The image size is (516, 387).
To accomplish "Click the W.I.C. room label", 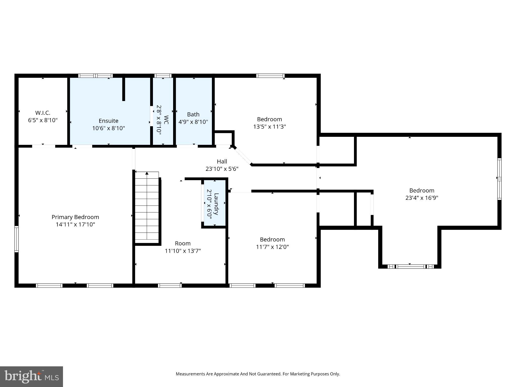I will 43,113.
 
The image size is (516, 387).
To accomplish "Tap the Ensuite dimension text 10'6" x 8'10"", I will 108,128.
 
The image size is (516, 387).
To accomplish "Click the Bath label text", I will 193,114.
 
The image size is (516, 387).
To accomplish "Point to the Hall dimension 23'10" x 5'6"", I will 222,169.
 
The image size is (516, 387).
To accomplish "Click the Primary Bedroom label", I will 75,217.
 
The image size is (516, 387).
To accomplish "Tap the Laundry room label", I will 216,204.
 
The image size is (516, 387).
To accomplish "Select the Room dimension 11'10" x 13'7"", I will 183,251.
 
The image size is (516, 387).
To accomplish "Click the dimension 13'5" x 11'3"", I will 269,126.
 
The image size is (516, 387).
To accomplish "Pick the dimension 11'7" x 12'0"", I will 272,247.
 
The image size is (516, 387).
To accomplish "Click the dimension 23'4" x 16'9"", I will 422,198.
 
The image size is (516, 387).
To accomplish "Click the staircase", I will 147,209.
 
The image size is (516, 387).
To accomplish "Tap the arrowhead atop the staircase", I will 147,173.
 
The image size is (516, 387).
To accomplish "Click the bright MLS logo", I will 31,376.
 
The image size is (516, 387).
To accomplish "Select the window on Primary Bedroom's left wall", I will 16,239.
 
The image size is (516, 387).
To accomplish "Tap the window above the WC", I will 163,76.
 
